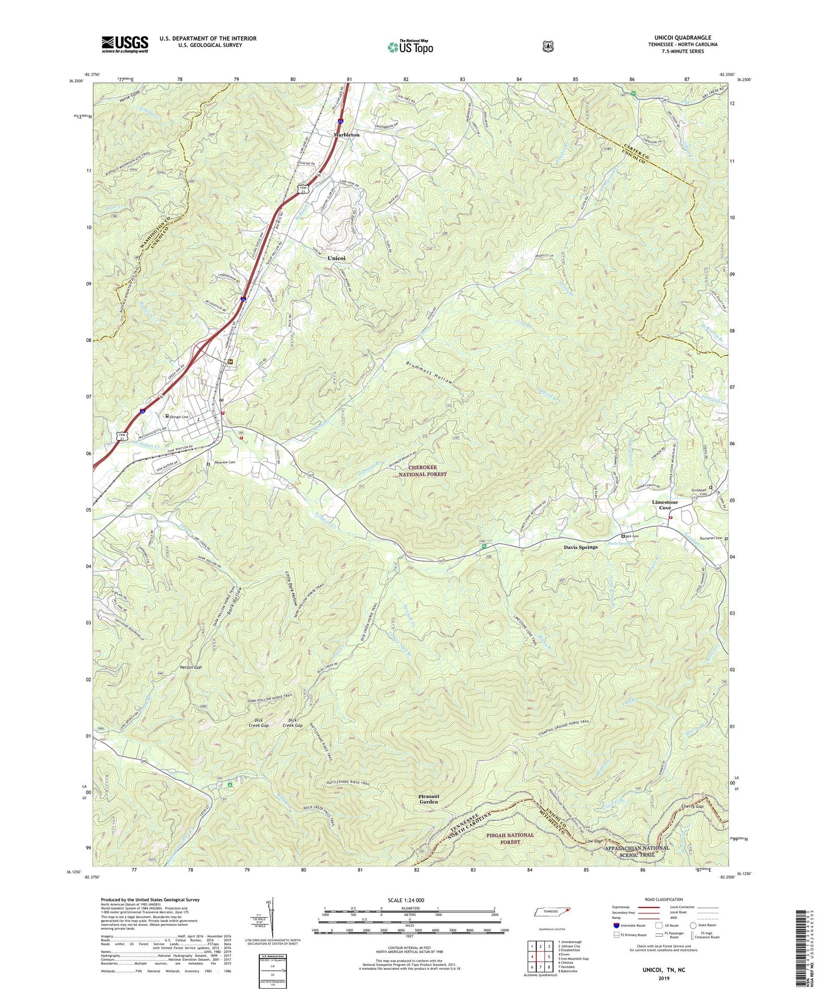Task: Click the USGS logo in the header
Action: pyautogui.click(x=125, y=43)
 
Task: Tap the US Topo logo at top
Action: pyautogui.click(x=410, y=47)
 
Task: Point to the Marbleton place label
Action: pyautogui.click(x=347, y=134)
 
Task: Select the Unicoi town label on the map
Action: pyautogui.click(x=336, y=259)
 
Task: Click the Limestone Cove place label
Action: pyautogui.click(x=664, y=505)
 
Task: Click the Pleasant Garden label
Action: pyautogui.click(x=428, y=799)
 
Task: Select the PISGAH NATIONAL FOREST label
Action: pyautogui.click(x=511, y=838)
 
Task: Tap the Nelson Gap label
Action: pyautogui.click(x=191, y=667)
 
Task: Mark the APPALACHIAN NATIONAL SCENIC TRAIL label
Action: pyautogui.click(x=636, y=851)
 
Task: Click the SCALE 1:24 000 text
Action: pyautogui.click(x=406, y=900)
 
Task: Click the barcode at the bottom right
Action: pyautogui.click(x=804, y=946)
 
